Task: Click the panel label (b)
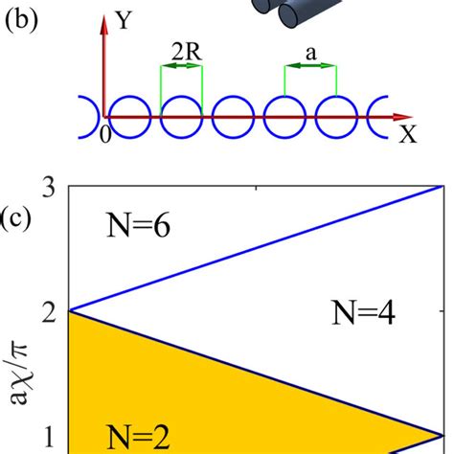(x=22, y=22)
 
